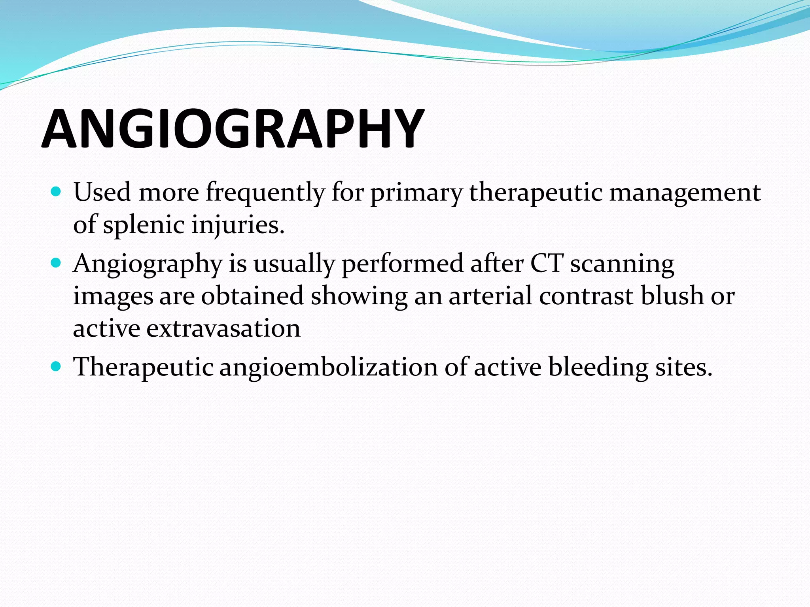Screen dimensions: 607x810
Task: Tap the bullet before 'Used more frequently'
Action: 56,192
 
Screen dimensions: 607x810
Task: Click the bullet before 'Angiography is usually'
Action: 56,263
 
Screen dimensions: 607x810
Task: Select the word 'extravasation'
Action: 223,328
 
